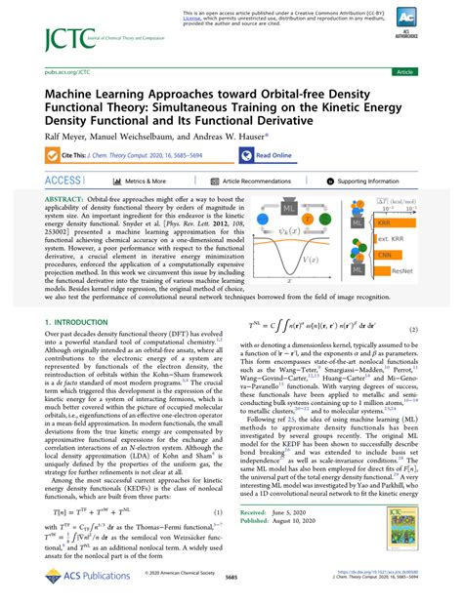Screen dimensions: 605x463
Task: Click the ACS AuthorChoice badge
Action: tap(429, 24)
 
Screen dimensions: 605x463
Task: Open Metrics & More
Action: tap(143, 181)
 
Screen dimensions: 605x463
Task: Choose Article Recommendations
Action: tap(259, 181)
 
